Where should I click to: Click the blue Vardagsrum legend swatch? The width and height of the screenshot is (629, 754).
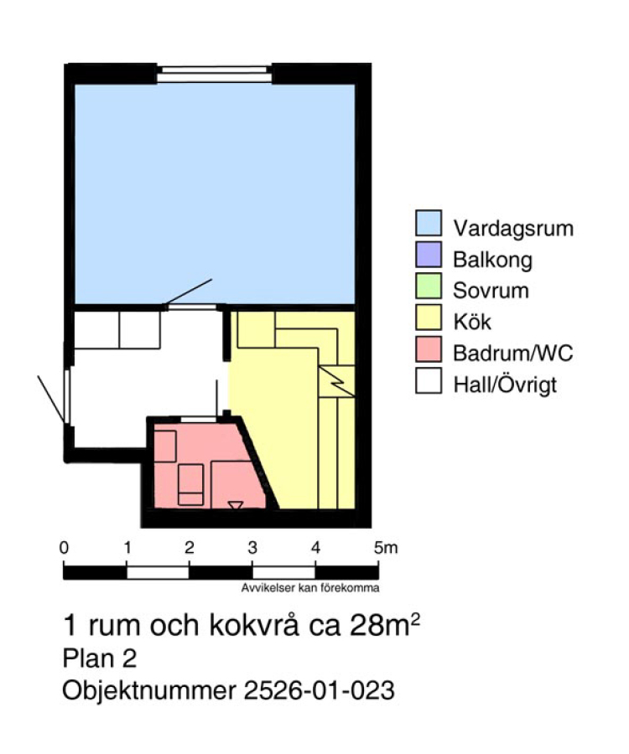pyautogui.click(x=429, y=223)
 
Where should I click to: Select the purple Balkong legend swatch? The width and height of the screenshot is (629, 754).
pyautogui.click(x=429, y=255)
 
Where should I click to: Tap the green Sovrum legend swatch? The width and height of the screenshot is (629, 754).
pyautogui.click(x=429, y=287)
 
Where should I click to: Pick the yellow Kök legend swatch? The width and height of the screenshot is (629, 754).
pyautogui.click(x=429, y=318)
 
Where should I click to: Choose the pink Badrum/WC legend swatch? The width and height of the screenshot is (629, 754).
pyautogui.click(x=429, y=349)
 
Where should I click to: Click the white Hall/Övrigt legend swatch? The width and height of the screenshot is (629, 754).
pyautogui.click(x=429, y=381)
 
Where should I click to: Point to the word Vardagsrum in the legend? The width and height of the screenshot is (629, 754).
pyautogui.click(x=513, y=229)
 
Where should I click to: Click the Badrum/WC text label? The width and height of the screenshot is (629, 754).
pyautogui.click(x=513, y=354)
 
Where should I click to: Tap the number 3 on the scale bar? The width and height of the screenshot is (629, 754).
pyautogui.click(x=252, y=548)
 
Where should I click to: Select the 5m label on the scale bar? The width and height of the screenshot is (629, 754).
pyautogui.click(x=386, y=548)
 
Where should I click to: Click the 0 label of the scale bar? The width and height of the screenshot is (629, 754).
pyautogui.click(x=64, y=548)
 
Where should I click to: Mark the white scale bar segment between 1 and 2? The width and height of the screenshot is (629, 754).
pyautogui.click(x=158, y=573)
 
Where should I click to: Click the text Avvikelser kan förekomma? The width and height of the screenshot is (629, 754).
pyautogui.click(x=310, y=587)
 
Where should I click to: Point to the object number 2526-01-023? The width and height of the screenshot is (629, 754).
pyautogui.click(x=320, y=690)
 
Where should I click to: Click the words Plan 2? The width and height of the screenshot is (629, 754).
pyautogui.click(x=100, y=658)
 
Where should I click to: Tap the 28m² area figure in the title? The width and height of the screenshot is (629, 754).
pyautogui.click(x=385, y=624)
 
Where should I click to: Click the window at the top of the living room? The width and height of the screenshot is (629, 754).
pyautogui.click(x=214, y=74)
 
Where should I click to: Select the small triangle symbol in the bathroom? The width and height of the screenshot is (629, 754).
pyautogui.click(x=236, y=505)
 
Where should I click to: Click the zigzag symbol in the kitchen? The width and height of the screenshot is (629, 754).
pyautogui.click(x=337, y=381)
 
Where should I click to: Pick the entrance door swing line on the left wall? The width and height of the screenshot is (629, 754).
pyautogui.click(x=50, y=400)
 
